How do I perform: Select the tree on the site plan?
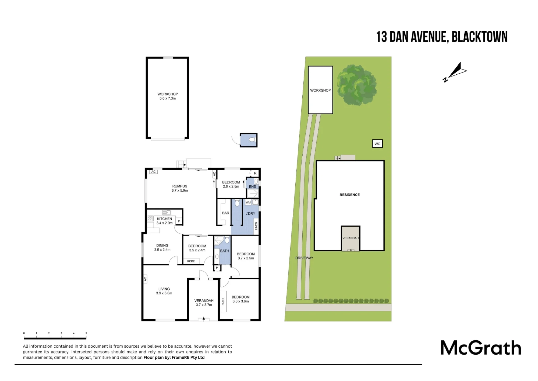pos(357,85)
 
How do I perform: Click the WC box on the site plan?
pos(377,144)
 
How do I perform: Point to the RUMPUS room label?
pos(180,186)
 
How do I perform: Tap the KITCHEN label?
pos(164,219)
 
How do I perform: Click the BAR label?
pos(226,213)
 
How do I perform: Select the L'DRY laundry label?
pos(250,213)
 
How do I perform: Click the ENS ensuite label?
pos(252,186)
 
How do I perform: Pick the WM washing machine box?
pos(248,202)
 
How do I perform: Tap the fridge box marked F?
pos(179,221)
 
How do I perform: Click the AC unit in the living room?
pos(145,279)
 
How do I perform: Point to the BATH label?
pos(225,251)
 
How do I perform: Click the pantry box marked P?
pos(217,268)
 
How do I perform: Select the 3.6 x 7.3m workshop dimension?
pos(168,98)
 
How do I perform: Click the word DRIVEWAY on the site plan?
pos(304,258)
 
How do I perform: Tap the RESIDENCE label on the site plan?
pos(350,195)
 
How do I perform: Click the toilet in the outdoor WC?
pos(252,140)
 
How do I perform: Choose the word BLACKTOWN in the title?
pos(479,37)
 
